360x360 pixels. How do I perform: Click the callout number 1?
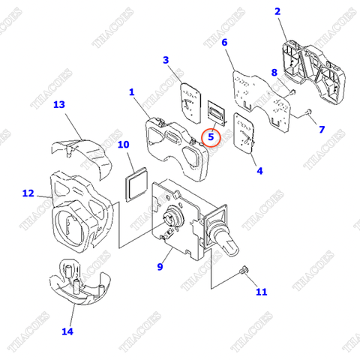coord(131,92)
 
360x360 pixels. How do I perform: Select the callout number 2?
coord(277,11)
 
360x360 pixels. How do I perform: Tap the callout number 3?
coord(166,59)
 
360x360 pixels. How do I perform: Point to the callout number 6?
coord(224,43)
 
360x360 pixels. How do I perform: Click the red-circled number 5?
coord(211,137)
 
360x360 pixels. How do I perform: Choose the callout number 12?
coord(28,193)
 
